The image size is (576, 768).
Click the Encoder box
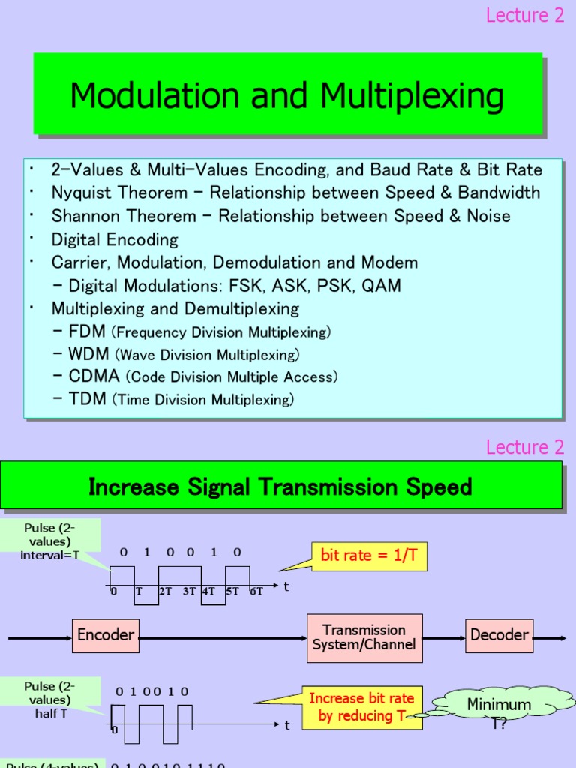tap(106, 635)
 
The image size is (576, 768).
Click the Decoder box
tap(499, 635)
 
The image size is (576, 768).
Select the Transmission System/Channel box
tap(364, 637)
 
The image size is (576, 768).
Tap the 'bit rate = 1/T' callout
tap(368, 556)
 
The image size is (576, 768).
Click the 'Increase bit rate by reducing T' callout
tap(361, 707)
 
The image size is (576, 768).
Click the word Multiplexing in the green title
tap(412, 96)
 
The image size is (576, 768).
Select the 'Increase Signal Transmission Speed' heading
tap(280, 487)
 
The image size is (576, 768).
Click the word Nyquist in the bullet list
tap(80, 193)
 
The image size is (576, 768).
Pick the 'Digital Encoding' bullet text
tap(115, 239)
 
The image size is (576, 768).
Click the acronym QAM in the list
tap(380, 285)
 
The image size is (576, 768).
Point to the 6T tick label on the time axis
tap(256, 591)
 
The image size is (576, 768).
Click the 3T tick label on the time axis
tap(189, 591)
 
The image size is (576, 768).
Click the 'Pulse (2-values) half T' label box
tap(50, 700)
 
